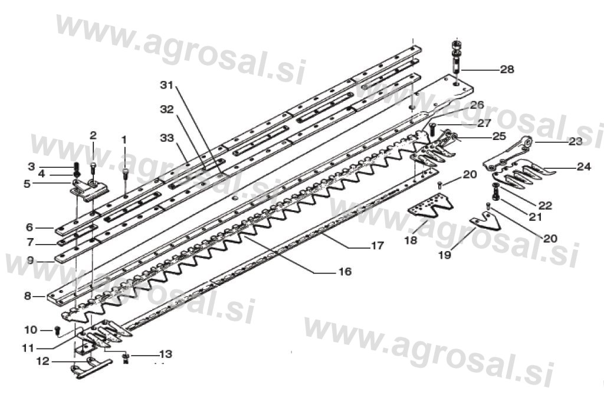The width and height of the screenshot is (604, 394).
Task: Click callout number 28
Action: tap(507, 70)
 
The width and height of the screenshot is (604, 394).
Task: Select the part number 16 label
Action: tap(345, 272)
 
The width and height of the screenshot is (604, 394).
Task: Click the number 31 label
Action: tap(168, 85)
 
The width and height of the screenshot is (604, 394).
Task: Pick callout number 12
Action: tap(43, 360)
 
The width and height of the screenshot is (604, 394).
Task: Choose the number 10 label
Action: tap(31, 329)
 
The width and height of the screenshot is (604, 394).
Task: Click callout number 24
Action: tap(583, 167)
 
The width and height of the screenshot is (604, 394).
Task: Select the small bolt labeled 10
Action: tap(57, 330)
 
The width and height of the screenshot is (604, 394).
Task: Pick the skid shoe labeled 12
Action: tap(84, 369)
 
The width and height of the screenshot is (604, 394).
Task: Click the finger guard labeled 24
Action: tap(519, 175)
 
